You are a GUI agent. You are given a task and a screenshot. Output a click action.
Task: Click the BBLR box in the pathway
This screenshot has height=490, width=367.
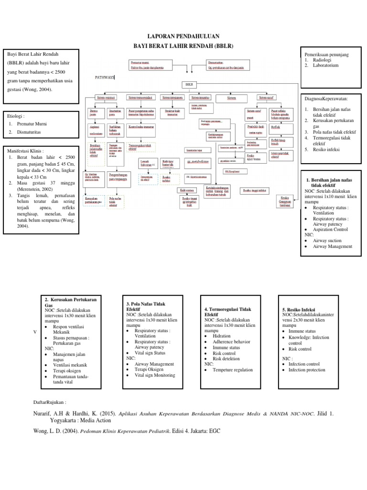pyautogui.click(x=189, y=84)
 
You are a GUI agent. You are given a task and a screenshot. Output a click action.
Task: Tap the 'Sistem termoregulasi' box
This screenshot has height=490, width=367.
pyautogui.click(x=140, y=98)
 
